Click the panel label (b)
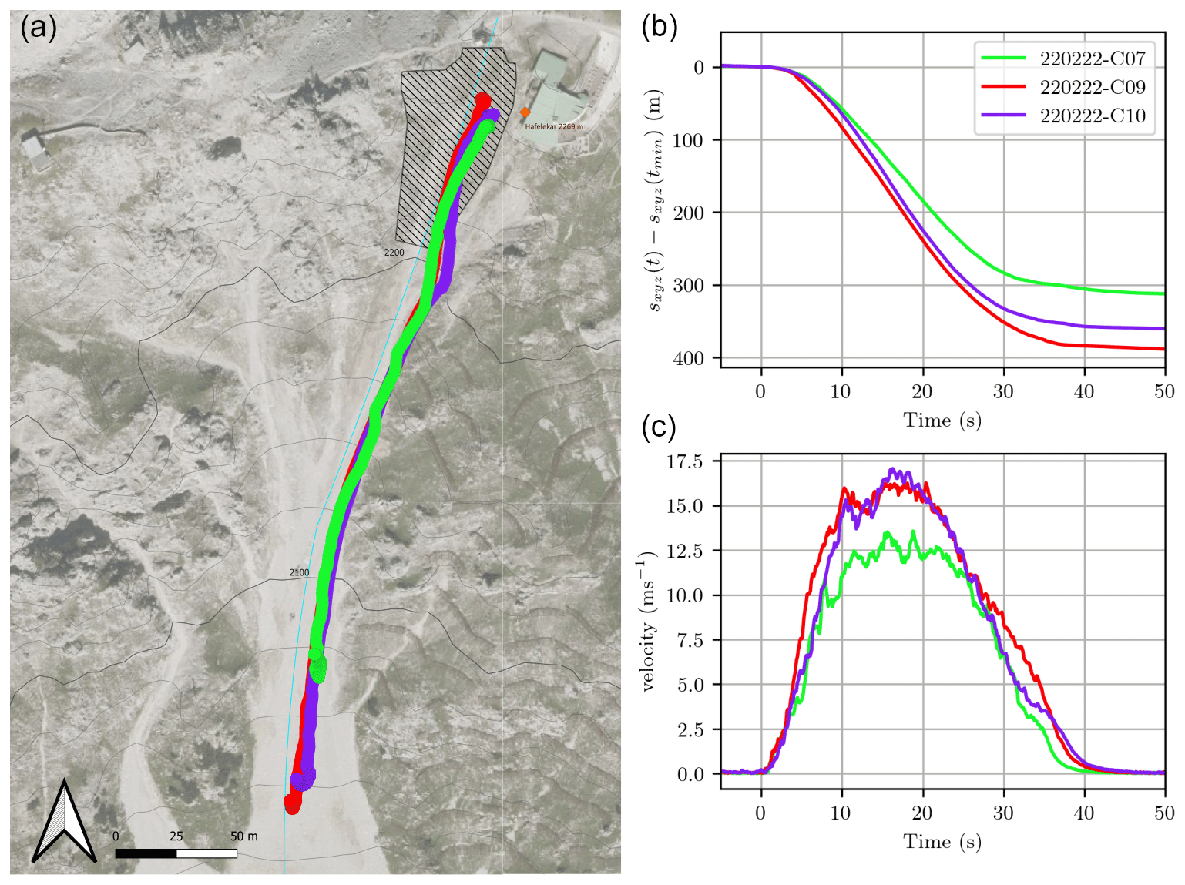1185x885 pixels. [x=660, y=27]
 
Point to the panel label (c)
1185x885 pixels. [x=659, y=427]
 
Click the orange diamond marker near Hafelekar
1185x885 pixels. [x=525, y=112]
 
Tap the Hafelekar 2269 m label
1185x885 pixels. [x=554, y=126]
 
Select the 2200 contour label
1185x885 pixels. [x=394, y=253]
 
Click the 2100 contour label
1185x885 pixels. [x=299, y=572]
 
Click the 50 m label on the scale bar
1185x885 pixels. [x=243, y=836]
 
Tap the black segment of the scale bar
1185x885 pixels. [x=146, y=853]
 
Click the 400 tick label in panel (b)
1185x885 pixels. [x=688, y=359]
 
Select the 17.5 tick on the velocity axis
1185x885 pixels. [x=685, y=462]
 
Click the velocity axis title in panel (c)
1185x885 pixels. [x=648, y=621]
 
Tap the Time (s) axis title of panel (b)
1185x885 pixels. [x=942, y=421]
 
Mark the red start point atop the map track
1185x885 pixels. [x=482, y=101]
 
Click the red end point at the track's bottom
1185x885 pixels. [x=292, y=804]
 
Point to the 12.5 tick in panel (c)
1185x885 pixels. [x=685, y=551]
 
